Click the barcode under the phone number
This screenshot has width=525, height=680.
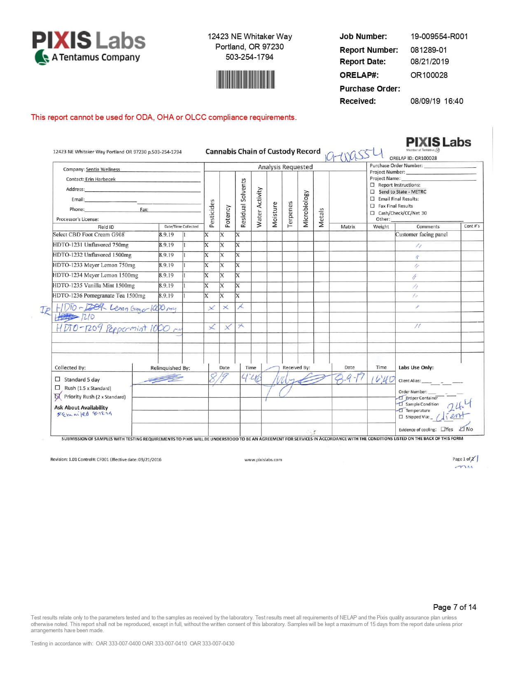coord(245,80)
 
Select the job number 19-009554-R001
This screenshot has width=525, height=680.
coord(439,37)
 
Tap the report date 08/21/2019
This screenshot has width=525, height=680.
coord(429,62)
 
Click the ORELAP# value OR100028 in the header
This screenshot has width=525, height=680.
coord(429,75)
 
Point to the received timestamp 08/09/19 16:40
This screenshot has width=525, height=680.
coord(436,101)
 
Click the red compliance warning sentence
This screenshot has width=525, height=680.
coord(163,117)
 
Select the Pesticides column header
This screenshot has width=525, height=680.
coord(212,213)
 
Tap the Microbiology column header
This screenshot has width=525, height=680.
coord(306,209)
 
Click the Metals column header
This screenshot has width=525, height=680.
coord(321,217)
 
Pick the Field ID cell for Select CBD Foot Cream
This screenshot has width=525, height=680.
coord(89,235)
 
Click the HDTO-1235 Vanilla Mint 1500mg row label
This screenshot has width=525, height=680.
coord(93,286)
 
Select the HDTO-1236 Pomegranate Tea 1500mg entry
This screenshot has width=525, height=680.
coord(99,296)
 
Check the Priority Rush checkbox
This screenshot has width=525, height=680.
coord(58,397)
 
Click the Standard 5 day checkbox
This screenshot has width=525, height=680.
coord(58,379)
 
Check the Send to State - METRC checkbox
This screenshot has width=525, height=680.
coord(372,192)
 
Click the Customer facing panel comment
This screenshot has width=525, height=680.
coord(421,235)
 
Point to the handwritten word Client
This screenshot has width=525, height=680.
coord(452,416)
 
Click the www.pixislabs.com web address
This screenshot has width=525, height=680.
coord(263,460)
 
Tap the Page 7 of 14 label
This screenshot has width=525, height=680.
coord(455,607)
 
